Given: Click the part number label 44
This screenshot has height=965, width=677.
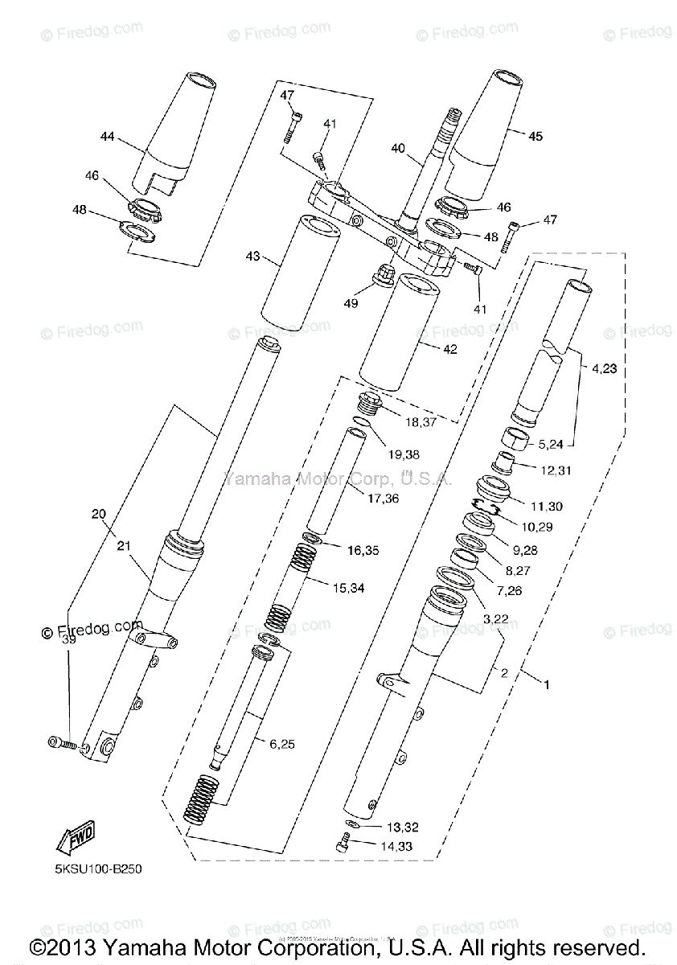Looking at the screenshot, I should tap(108, 137).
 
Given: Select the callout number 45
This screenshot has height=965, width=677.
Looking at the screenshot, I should tap(535, 136).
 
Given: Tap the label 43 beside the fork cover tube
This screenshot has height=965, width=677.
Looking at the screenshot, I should tap(253, 257).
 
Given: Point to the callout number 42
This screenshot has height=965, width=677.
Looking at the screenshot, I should tap(449, 348).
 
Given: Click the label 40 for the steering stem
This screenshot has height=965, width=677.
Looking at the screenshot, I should tap(397, 147).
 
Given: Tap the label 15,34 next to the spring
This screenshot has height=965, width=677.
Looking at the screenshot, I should tap(347, 588).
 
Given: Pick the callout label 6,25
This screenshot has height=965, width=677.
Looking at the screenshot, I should tap(282, 744).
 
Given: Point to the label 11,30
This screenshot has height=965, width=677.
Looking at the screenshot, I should tap(548, 506).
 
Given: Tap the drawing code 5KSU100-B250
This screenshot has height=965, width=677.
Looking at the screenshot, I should tap(91, 869).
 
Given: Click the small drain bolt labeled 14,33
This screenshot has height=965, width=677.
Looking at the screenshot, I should tap(343, 843).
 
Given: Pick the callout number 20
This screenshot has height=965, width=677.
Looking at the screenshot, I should tap(98, 513).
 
